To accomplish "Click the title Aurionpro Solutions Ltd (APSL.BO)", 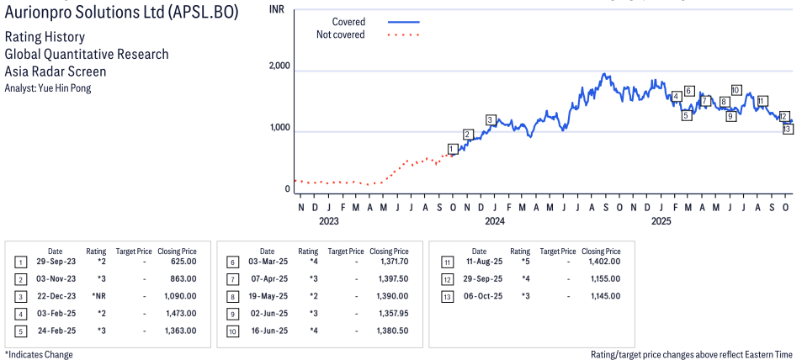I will pos(122,13).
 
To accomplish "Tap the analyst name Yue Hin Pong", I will pos(48,88).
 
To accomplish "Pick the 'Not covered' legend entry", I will pos(340,34).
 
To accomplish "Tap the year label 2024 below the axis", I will pos(494,222).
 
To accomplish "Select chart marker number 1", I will pos(452,149).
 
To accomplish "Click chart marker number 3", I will pos(491,120).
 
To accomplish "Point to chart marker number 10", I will pos(736,90).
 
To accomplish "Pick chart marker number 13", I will pos(788,129).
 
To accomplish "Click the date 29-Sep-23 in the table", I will pos(55,262).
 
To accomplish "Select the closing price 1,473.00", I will pos(181,313).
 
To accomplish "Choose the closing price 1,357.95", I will pos(392,313).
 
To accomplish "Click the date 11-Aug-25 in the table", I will pos(479,262).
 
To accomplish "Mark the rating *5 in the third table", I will pos(520,262).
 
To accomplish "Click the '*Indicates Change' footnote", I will pos(39,354).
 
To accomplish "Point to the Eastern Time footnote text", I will pos(691,354).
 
